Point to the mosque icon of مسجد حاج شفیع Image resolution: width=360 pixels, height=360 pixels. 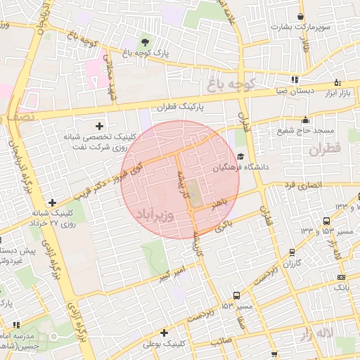[x=304, y=120]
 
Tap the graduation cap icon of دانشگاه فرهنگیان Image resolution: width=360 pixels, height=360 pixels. [x=241, y=157]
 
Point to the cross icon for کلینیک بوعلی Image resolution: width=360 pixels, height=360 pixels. [x=164, y=333]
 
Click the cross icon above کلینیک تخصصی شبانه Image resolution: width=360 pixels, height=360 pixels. [x=108, y=125]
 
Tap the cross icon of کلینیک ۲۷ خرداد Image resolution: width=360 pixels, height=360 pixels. [x=52, y=203]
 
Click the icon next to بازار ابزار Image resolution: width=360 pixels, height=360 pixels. [x=337, y=82]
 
